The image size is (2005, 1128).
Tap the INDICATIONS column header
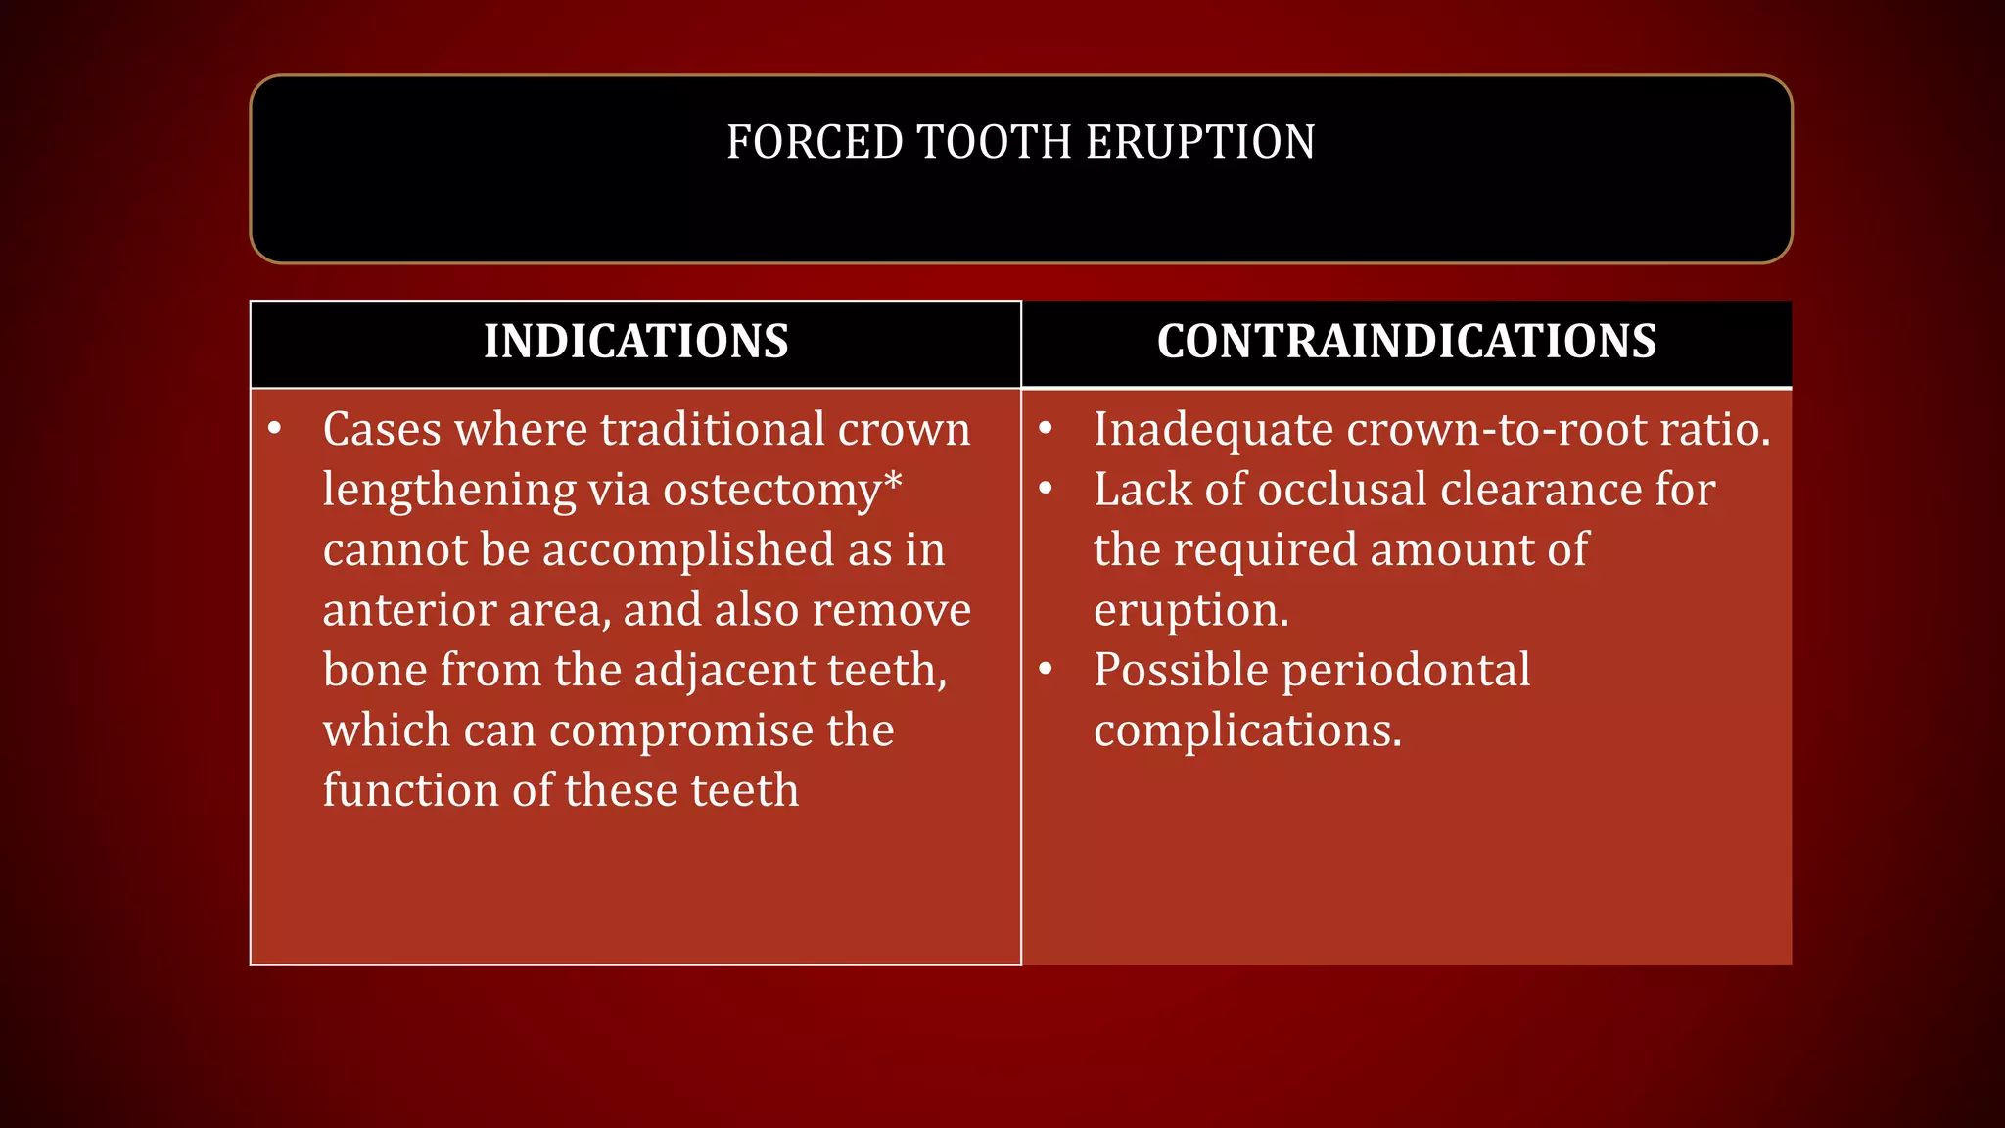tap(635, 342)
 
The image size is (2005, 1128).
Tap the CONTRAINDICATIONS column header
tap(1406, 342)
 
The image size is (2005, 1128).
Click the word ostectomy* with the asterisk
tap(782, 491)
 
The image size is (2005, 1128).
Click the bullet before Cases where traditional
tap(275, 429)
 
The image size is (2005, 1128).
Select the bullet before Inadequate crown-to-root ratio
tap(1046, 429)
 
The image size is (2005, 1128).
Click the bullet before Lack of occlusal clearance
tap(1046, 489)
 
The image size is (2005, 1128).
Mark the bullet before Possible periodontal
tap(1046, 670)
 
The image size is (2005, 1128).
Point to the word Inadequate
tap(1213, 430)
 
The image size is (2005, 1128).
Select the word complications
tap(1247, 731)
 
